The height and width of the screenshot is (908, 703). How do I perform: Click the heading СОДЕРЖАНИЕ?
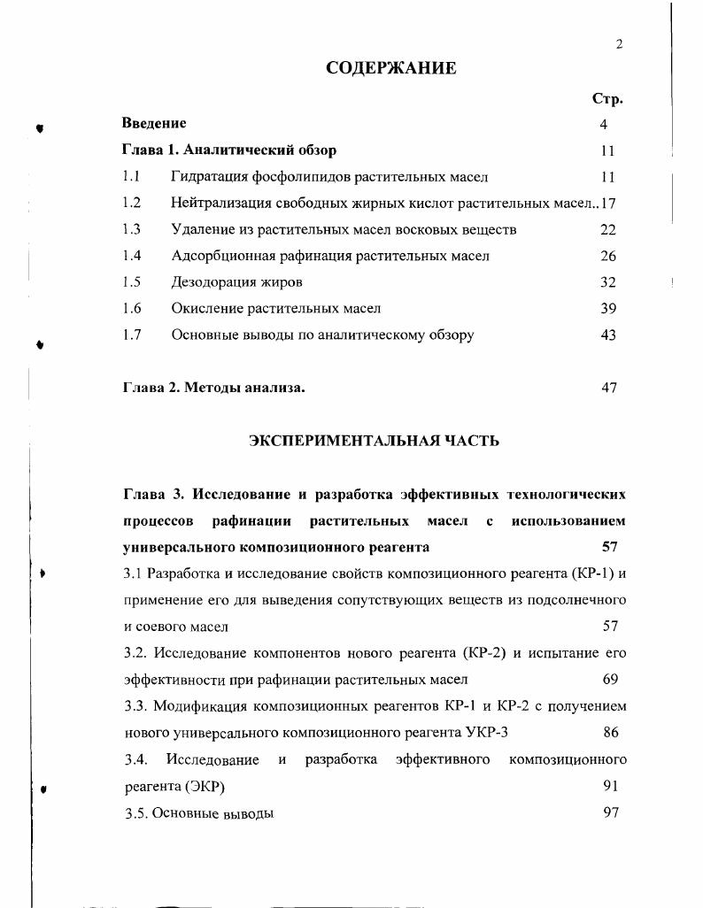tap(391, 68)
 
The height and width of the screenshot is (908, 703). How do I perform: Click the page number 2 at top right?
tap(620, 45)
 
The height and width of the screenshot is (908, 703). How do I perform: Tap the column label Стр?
tap(607, 99)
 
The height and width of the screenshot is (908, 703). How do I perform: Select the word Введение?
tap(154, 123)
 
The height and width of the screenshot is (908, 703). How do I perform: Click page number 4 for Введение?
tap(604, 125)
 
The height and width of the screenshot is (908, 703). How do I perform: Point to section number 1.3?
tap(132, 229)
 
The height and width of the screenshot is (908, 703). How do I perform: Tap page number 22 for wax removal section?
tap(607, 230)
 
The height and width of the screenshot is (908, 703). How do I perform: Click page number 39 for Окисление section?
tap(607, 309)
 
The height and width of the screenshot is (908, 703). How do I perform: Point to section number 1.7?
tap(132, 335)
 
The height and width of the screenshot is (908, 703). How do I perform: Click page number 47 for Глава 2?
tap(608, 388)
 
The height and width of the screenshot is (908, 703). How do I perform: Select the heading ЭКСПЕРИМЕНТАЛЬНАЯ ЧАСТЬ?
tap(374, 440)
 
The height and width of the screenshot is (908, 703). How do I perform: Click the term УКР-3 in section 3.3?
tap(486, 733)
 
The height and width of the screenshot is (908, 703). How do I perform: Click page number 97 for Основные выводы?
tap(610, 812)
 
